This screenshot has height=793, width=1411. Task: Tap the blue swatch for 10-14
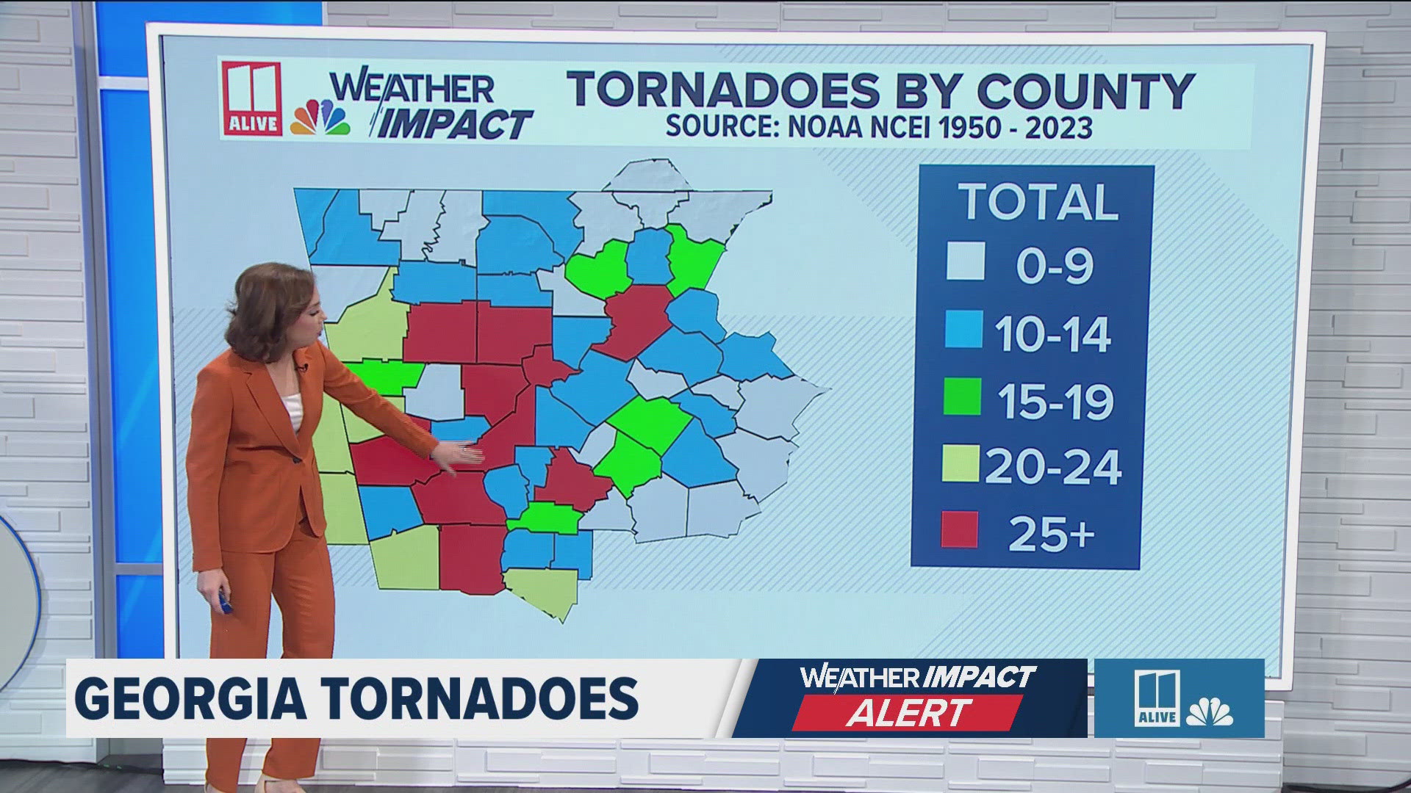964,330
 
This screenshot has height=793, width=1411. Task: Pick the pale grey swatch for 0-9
965,261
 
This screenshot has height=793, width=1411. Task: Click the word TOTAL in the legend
1038,201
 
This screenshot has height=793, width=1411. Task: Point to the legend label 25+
1051,532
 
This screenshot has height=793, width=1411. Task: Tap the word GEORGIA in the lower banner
190,698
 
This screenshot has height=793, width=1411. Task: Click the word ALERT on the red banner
908,711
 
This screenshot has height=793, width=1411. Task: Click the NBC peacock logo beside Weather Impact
321,117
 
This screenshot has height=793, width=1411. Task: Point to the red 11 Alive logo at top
252,98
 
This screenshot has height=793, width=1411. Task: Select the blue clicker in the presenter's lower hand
226,605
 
